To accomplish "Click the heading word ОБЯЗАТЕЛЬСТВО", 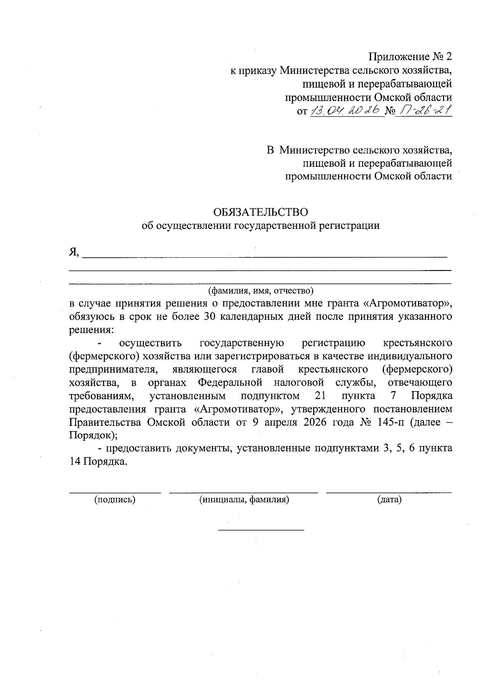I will click(x=260, y=212).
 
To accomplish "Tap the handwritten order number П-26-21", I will click(x=423, y=110).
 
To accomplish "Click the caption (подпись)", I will click(x=115, y=500).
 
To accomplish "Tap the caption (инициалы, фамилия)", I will click(x=244, y=500).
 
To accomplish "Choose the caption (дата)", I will click(x=389, y=500).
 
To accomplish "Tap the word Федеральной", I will click(x=230, y=382).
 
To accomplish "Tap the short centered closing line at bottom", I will click(x=261, y=530).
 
